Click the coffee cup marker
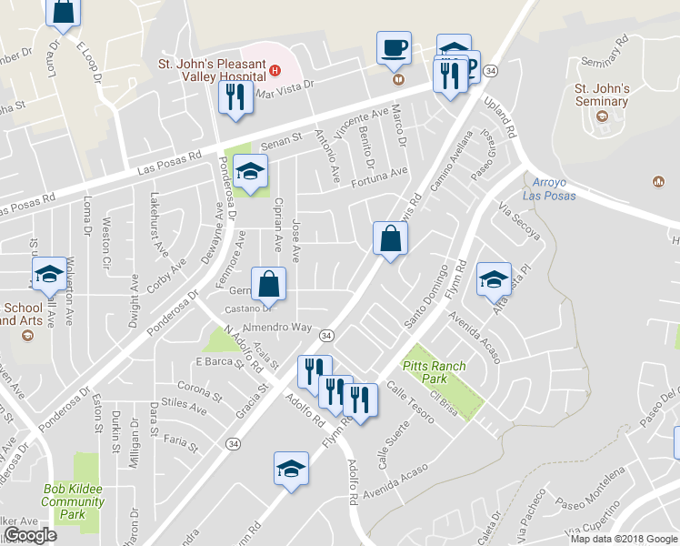[x=395, y=47]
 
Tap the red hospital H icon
[x=274, y=66]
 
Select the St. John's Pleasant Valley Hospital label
[x=212, y=66]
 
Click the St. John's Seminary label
[x=602, y=95]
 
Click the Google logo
[x=30, y=535]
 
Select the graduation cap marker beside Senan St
[x=250, y=171]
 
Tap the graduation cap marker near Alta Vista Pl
[x=494, y=278]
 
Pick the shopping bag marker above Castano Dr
[x=270, y=284]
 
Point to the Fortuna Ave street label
[x=379, y=171]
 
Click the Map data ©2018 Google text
[x=623, y=538]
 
